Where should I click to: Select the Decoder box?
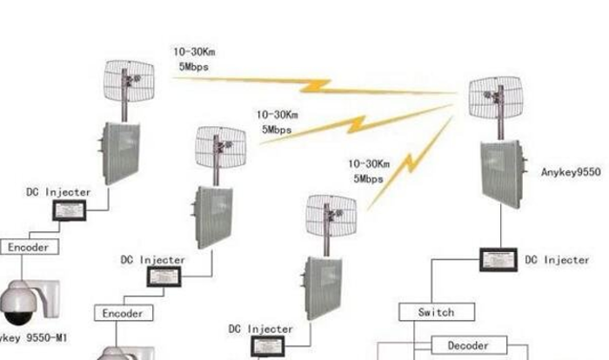tap(467, 345)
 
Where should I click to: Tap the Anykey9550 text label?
tap(571, 173)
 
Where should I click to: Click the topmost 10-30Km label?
tap(193, 52)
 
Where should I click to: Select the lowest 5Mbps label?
tap(369, 178)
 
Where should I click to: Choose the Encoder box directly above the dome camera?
tap(29, 248)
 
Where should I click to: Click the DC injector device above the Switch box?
tap(499, 258)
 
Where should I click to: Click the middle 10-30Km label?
tap(278, 114)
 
